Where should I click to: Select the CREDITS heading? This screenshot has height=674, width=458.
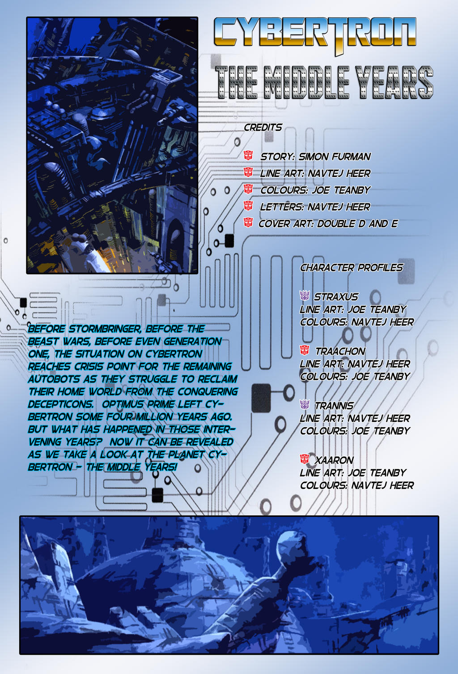[263, 127]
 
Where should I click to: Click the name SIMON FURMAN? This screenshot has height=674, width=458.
[335, 156]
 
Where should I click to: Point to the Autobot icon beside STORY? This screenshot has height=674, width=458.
[248, 155]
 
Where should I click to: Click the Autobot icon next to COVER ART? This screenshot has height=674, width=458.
[248, 223]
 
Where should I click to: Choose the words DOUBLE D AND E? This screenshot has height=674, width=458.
[357, 223]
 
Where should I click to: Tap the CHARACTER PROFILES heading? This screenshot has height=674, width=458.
[351, 267]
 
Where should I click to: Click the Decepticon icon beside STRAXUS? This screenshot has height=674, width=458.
[305, 296]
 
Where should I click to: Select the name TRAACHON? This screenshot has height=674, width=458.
[340, 351]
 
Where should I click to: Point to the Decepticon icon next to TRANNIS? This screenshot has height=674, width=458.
[305, 404]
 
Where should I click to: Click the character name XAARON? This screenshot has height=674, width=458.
[334, 460]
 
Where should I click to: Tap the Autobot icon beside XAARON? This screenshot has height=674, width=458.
[305, 459]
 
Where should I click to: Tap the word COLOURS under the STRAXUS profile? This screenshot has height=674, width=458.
[323, 322]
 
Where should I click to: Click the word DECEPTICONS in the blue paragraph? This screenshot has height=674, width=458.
[60, 404]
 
